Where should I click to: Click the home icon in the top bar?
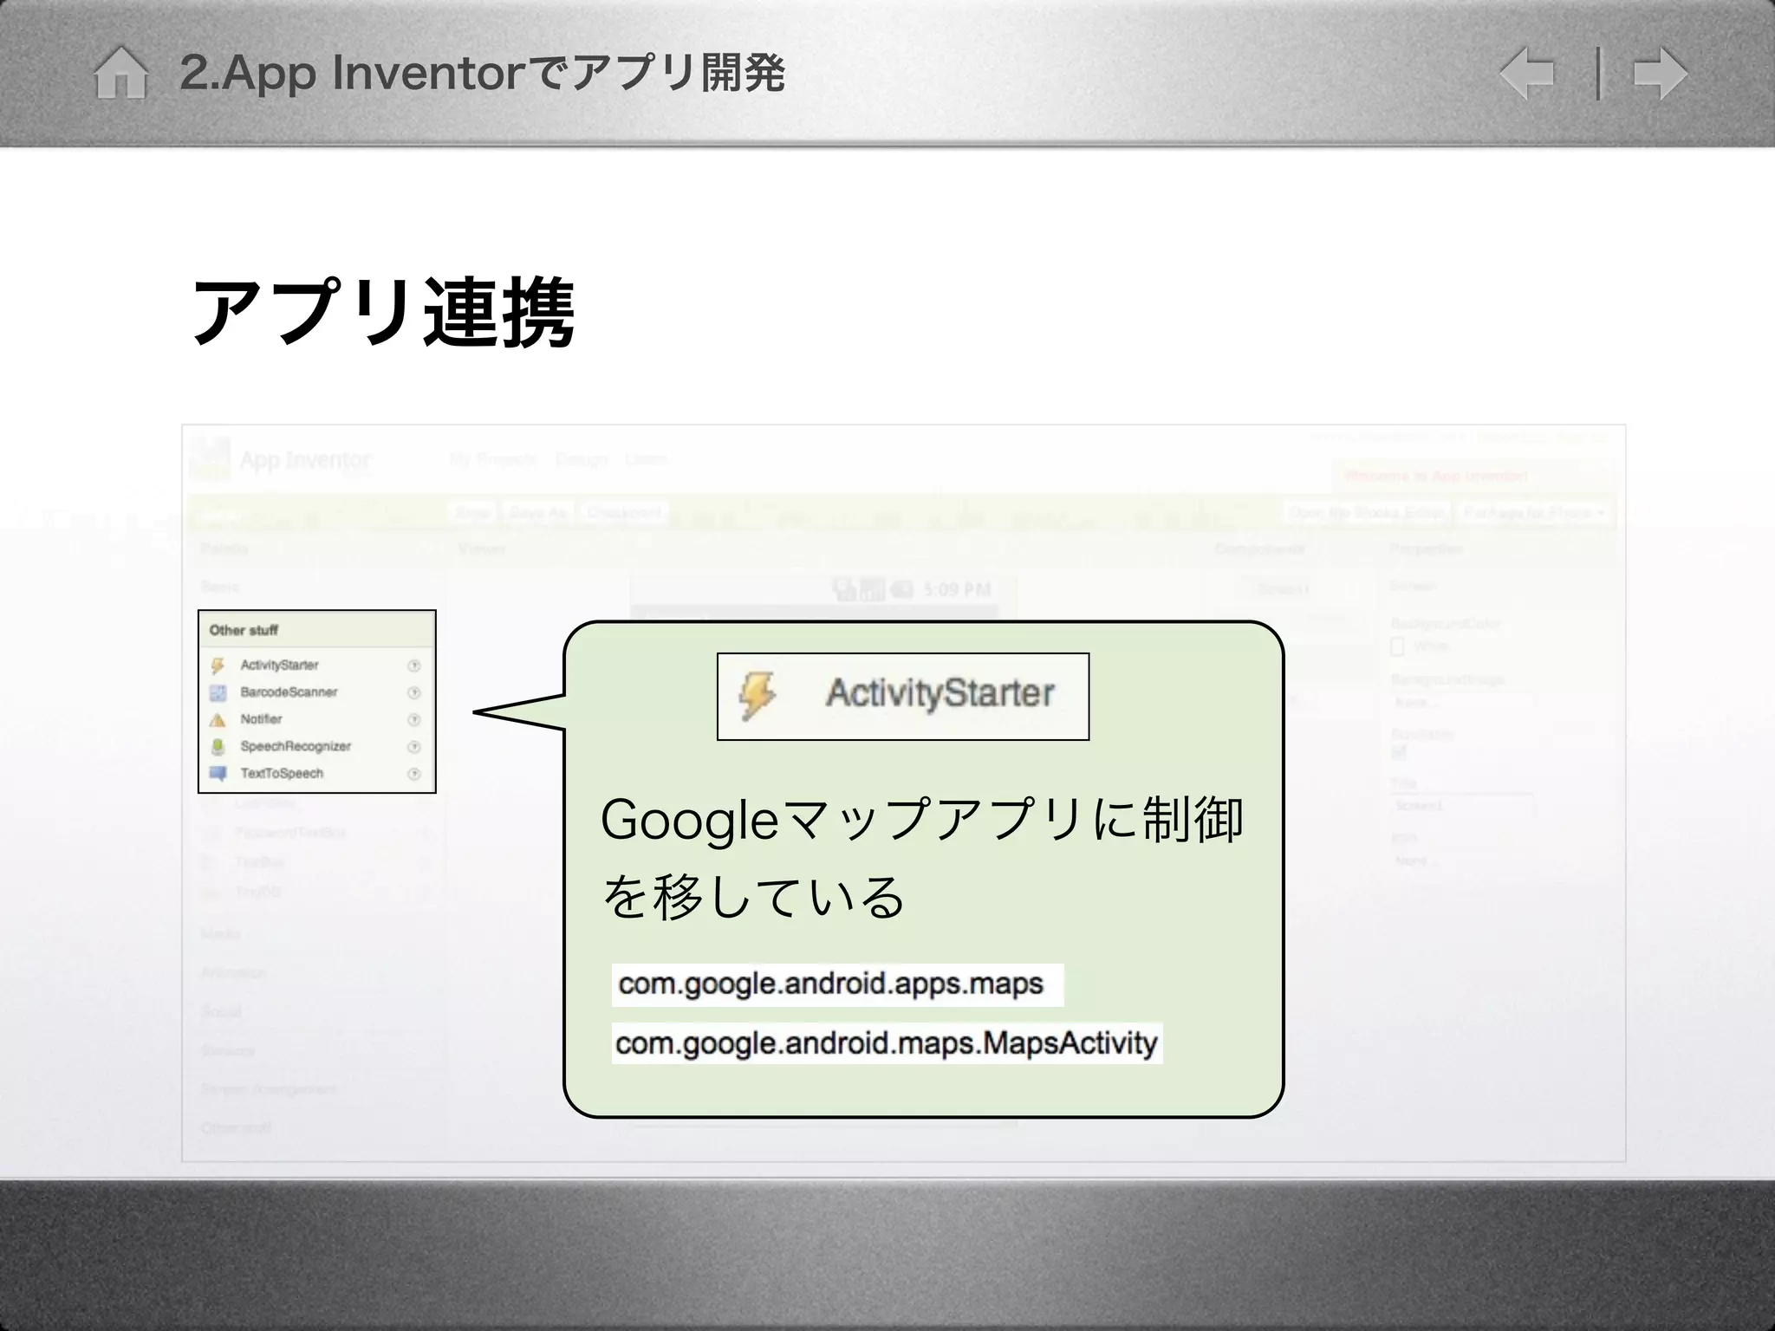[120, 73]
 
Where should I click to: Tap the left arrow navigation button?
[1526, 73]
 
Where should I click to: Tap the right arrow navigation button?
[1660, 73]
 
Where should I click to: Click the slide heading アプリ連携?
[382, 312]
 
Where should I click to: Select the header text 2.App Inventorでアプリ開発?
[482, 73]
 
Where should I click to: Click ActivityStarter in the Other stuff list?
[279, 665]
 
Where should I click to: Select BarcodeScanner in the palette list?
[289, 691]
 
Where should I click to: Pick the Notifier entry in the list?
[261, 718]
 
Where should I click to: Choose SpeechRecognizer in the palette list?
[296, 746]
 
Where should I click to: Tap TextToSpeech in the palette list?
[282, 773]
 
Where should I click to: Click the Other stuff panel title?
[244, 630]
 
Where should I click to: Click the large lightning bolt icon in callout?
[757, 696]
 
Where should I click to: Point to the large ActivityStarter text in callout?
[940, 693]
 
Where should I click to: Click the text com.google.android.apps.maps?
[830, 984]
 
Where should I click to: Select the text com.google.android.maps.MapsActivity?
[886, 1042]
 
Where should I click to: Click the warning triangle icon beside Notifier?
[218, 719]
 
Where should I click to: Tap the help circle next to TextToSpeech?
[414, 774]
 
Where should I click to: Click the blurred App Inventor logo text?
[304, 459]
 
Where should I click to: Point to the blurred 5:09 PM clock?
[956, 590]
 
